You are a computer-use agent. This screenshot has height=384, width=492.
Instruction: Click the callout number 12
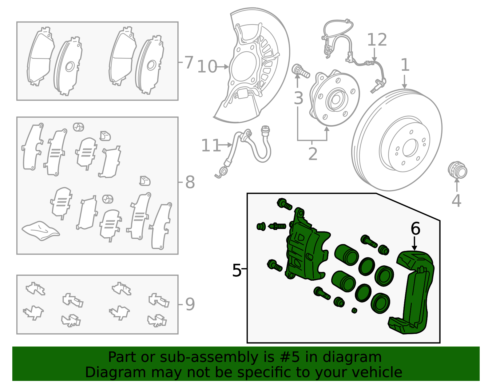377,40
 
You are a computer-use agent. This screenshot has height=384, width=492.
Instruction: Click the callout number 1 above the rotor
405,65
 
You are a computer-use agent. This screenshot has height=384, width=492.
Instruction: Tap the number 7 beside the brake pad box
189,62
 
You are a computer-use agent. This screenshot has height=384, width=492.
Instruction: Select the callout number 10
207,67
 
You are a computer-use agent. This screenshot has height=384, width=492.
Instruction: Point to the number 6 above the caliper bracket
415,229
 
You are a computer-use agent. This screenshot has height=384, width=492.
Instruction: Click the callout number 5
236,271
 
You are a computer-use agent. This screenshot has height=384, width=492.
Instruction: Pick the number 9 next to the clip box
190,304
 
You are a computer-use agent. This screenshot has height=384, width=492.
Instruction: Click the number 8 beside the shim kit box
190,182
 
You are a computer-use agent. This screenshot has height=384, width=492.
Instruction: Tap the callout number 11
211,145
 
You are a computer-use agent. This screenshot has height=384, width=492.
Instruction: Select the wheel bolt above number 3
300,71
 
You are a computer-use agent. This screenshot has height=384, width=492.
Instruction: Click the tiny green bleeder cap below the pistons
354,311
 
